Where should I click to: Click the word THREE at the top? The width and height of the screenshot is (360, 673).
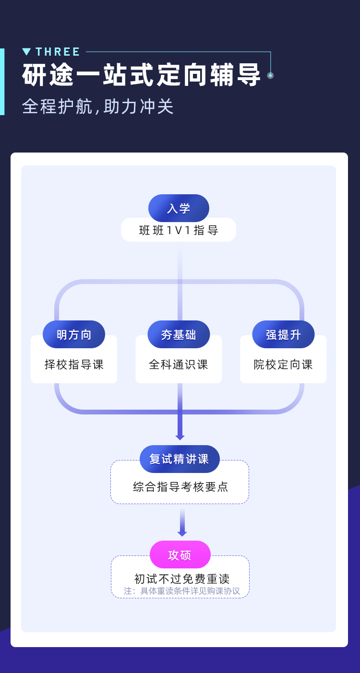tap(58, 52)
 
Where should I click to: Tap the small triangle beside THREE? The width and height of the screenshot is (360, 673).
tap(26, 52)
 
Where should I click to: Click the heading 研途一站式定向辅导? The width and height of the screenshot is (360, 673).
tap(142, 75)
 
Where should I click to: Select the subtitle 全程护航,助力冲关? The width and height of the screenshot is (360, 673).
tap(98, 106)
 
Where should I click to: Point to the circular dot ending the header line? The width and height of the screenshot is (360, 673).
tap(270, 75)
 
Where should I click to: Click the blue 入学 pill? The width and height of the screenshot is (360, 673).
tap(179, 208)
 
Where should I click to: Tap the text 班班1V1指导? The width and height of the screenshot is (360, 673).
tap(179, 231)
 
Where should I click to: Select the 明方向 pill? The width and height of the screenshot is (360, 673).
tap(74, 334)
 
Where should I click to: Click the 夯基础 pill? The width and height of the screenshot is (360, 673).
tap(179, 334)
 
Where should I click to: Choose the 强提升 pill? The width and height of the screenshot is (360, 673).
tap(283, 334)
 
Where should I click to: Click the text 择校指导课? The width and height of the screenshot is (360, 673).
tap(74, 365)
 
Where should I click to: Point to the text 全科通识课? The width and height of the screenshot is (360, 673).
tap(179, 365)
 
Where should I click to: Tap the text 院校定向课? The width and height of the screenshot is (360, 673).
tap(283, 365)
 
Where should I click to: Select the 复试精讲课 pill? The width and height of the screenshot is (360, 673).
tap(180, 459)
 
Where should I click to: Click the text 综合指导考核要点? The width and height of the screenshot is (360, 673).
tap(180, 487)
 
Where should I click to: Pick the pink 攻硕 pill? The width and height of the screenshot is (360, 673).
tap(180, 555)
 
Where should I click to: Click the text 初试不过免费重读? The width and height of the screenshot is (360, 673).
tap(182, 579)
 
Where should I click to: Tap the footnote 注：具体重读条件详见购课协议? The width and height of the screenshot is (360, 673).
tap(182, 591)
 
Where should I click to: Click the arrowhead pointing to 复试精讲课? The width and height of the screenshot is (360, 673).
tap(180, 437)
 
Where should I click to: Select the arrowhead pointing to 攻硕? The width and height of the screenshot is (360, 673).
tap(182, 533)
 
